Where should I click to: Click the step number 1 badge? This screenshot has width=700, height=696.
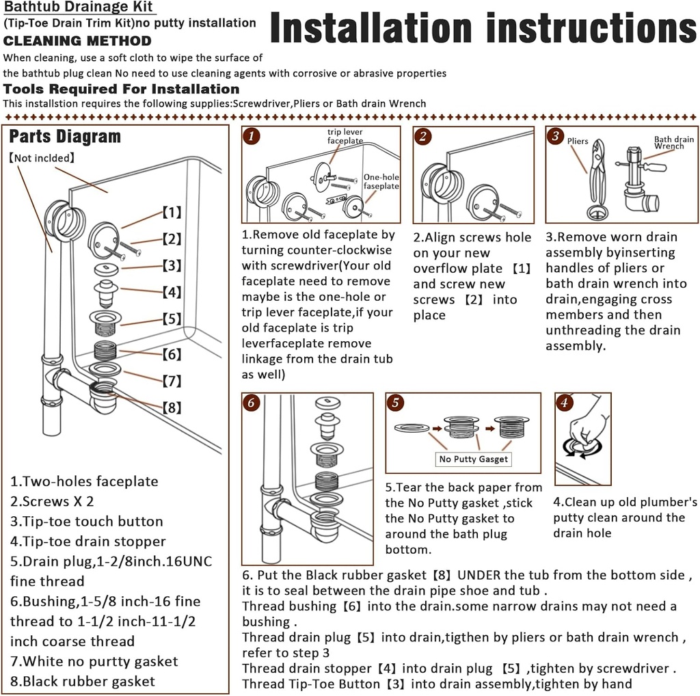[252, 136]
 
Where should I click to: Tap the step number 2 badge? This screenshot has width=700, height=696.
[424, 136]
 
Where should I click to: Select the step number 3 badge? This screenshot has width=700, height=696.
[556, 136]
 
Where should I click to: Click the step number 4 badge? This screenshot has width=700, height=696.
[564, 403]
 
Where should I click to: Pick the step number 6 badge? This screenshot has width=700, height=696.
[252, 403]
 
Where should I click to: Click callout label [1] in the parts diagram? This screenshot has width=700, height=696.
[172, 213]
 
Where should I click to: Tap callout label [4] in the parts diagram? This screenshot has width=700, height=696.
[172, 293]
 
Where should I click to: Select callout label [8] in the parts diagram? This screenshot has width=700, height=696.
[172, 407]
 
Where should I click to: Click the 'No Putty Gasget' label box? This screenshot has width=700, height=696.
[474, 459]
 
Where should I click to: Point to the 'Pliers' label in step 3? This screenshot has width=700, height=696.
[578, 142]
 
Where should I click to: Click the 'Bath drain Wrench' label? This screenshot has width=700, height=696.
[673, 143]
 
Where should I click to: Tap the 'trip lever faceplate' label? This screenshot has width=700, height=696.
[345, 136]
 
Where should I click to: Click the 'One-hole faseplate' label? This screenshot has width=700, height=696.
[381, 181]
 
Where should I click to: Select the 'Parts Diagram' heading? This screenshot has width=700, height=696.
[65, 137]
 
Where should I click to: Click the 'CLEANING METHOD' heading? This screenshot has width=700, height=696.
[77, 41]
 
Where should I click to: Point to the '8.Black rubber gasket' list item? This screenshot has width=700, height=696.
[83, 681]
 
